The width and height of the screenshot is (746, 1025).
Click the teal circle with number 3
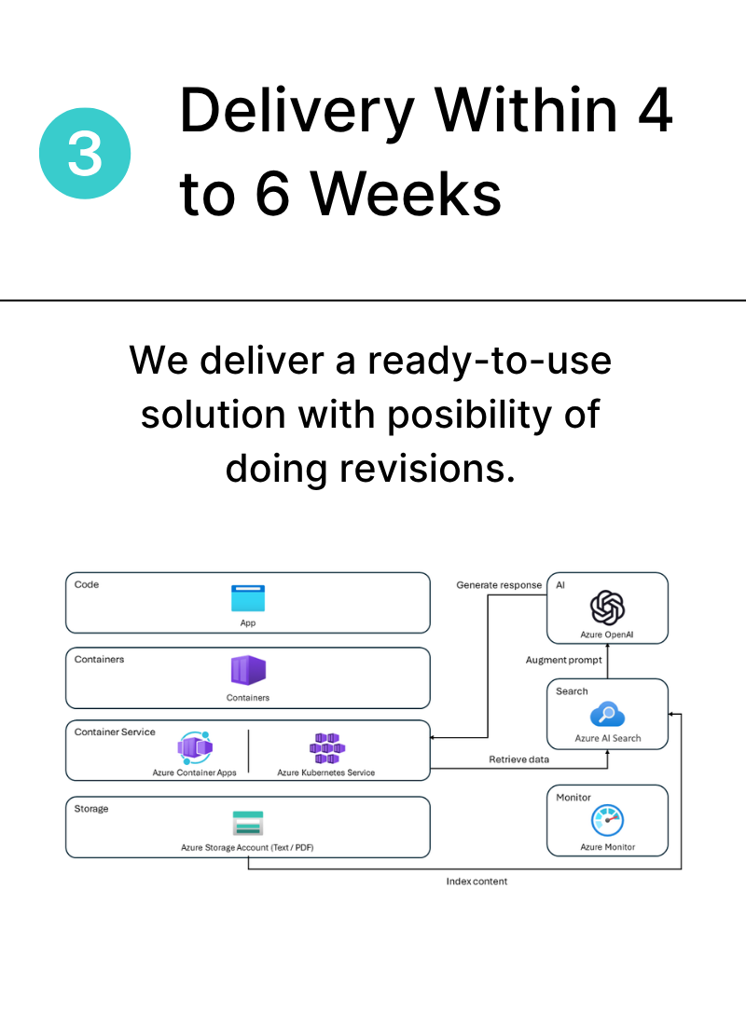85,154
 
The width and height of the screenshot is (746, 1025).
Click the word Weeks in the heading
405,194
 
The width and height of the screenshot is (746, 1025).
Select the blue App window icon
248,598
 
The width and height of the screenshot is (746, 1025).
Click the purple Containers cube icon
248,671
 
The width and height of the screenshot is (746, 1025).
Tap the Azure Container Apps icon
195,748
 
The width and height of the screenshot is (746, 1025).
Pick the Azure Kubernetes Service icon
326,748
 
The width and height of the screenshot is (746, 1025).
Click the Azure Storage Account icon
248,823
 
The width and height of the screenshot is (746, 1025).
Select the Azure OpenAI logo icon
607,608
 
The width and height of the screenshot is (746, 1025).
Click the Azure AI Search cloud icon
607,715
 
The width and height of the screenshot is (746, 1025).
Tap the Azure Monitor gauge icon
607,820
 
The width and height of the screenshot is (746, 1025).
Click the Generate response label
499,585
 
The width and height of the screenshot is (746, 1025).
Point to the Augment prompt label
563,661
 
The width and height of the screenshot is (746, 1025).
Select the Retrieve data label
518,759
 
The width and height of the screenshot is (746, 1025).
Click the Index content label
477,881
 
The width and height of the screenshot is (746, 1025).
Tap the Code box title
87,584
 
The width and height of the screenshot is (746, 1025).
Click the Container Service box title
115,732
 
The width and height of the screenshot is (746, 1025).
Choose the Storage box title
91,809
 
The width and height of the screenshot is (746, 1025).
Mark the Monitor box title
573,798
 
